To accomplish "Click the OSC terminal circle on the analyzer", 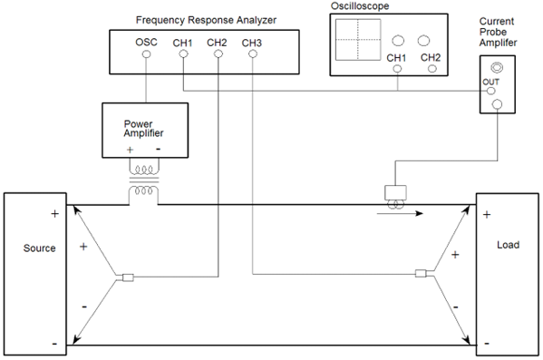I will (146, 54).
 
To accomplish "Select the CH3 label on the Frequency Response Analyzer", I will (253, 42).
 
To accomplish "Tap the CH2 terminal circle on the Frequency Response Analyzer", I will (218, 54).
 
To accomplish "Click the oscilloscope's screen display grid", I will (357, 40).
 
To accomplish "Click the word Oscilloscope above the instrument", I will (360, 6).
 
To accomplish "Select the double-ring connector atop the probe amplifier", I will (496, 67).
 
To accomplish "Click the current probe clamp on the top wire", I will (397, 191).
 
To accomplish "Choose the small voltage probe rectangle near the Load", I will (420, 273).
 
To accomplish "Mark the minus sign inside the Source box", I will (55, 344).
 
